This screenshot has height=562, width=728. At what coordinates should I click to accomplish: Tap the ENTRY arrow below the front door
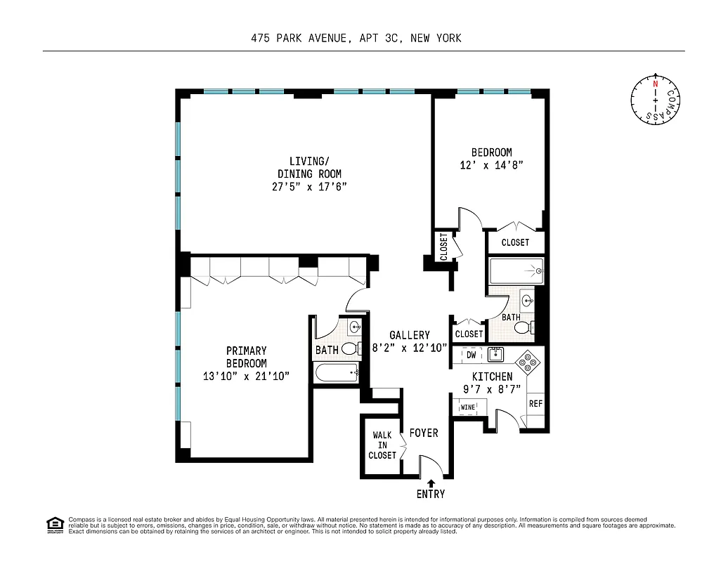click(x=431, y=483)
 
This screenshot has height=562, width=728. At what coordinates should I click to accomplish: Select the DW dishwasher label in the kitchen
click(x=472, y=355)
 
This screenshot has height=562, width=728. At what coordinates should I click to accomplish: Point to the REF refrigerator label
click(x=535, y=404)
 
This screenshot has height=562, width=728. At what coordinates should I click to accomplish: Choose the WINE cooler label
click(x=467, y=407)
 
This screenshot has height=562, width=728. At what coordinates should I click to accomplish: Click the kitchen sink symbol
click(x=497, y=353)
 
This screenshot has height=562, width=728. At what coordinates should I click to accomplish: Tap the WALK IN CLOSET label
click(x=382, y=445)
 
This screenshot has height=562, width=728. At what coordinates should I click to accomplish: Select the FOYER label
click(x=424, y=433)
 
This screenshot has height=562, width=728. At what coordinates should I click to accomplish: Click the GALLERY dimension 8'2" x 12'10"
click(x=409, y=347)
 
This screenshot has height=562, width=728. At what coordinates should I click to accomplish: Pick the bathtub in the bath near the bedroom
click(x=516, y=271)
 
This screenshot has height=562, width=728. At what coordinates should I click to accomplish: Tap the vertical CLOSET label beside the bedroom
click(x=443, y=247)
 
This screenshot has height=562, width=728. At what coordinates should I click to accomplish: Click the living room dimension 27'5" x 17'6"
click(x=309, y=186)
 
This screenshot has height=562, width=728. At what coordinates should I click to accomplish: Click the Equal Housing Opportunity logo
click(x=54, y=524)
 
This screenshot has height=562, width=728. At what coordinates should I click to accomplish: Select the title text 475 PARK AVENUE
click(x=299, y=38)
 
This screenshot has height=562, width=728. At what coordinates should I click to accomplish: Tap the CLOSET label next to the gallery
click(x=469, y=334)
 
